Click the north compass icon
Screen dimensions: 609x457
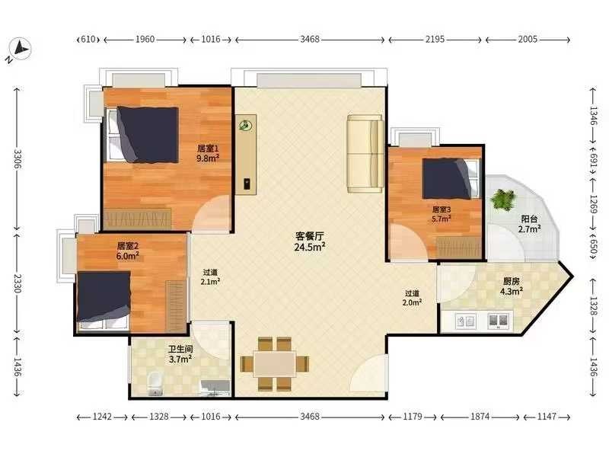[x=19, y=50]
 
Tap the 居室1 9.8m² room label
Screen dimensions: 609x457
[x=208, y=153]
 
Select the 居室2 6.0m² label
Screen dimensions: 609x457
[x=128, y=251]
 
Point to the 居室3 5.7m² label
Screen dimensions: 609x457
[x=442, y=214]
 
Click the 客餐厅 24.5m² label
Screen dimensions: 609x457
[x=310, y=241]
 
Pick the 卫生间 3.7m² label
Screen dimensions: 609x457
[x=180, y=354]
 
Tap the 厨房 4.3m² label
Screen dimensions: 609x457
[x=511, y=286]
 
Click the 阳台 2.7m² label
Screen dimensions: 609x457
[x=529, y=224]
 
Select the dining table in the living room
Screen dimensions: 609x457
[x=275, y=364]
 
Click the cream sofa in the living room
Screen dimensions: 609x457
[x=365, y=154]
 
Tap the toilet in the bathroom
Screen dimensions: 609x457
[x=155, y=384]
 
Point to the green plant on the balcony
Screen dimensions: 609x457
[x=503, y=200]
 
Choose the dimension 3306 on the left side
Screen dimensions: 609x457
[x=17, y=159]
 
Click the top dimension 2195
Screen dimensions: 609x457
[x=435, y=40]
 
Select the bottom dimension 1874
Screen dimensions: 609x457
[x=480, y=417]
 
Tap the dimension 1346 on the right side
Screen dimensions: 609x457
[x=593, y=116]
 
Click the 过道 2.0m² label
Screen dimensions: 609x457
[x=412, y=298]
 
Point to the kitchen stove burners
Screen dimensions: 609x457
[x=499, y=321]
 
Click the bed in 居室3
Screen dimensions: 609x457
[x=451, y=179]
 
